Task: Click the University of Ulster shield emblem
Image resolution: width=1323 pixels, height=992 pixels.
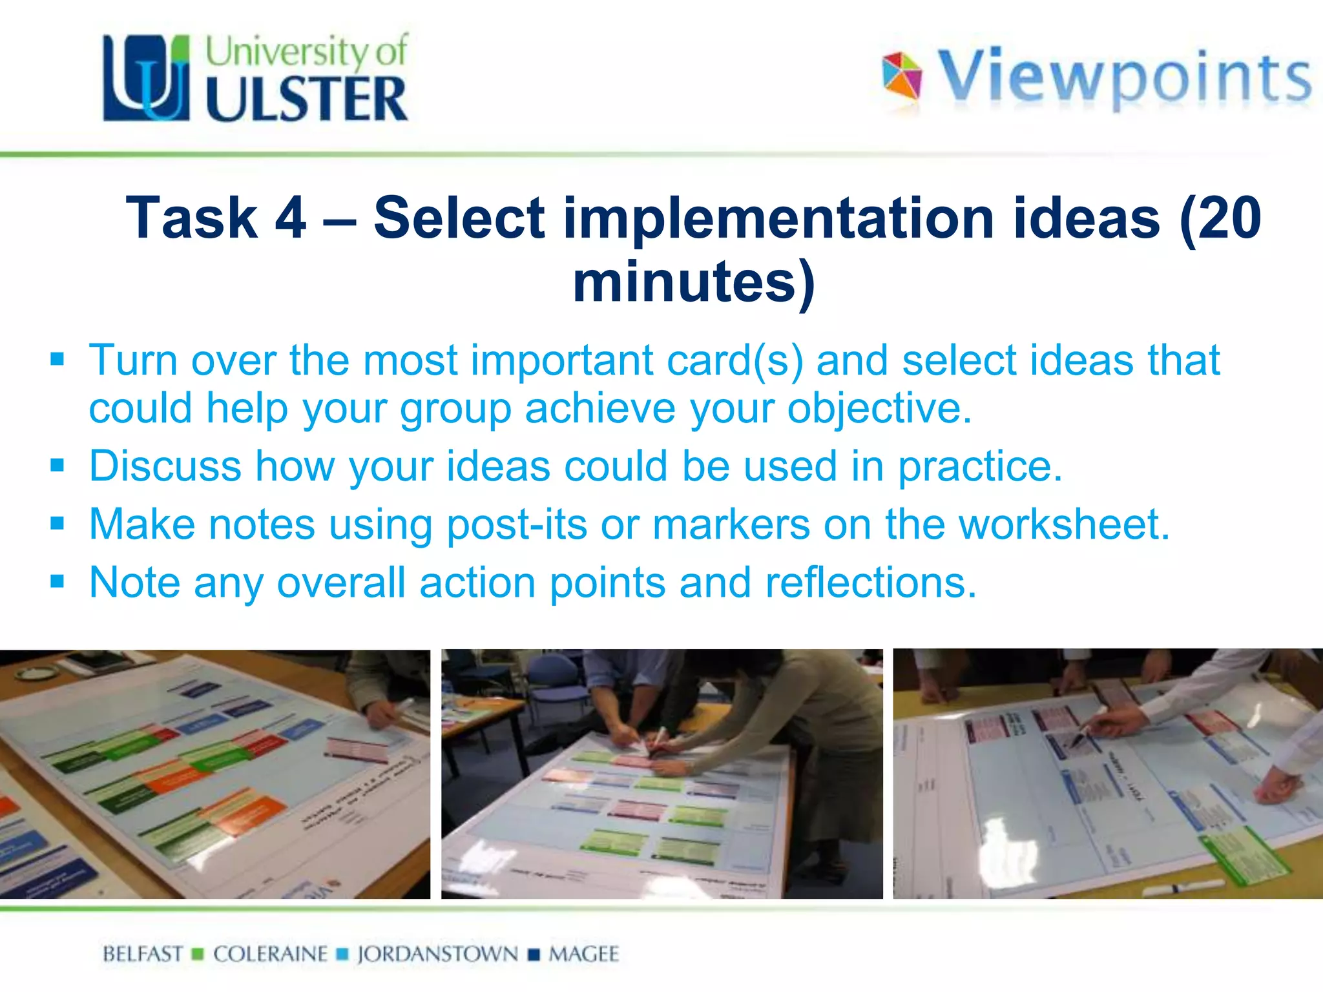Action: pyautogui.click(x=147, y=77)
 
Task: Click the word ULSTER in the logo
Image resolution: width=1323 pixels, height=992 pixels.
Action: pyautogui.click(x=307, y=99)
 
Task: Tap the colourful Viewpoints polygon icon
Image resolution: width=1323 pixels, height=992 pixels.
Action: pyautogui.click(x=902, y=76)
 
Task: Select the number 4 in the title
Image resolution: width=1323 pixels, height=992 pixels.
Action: pyautogui.click(x=290, y=218)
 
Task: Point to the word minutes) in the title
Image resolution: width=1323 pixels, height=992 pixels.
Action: pyautogui.click(x=694, y=282)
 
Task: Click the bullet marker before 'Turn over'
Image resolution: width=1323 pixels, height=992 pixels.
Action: pyautogui.click(x=57, y=358)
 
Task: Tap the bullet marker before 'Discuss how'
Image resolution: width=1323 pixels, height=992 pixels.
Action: pyautogui.click(x=57, y=465)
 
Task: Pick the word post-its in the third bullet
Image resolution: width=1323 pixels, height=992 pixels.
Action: pyautogui.click(x=517, y=524)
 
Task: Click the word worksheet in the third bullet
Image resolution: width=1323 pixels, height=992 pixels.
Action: pyautogui.click(x=1063, y=524)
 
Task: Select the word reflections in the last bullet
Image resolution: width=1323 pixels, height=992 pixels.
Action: pyautogui.click(x=870, y=583)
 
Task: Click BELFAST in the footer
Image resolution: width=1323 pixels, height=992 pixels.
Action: pyautogui.click(x=143, y=954)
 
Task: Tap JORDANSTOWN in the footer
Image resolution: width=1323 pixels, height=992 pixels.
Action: pyautogui.click(x=437, y=954)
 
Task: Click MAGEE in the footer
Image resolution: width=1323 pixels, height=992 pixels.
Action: pyautogui.click(x=583, y=954)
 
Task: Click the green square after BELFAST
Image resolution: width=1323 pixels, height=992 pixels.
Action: pyautogui.click(x=198, y=955)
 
